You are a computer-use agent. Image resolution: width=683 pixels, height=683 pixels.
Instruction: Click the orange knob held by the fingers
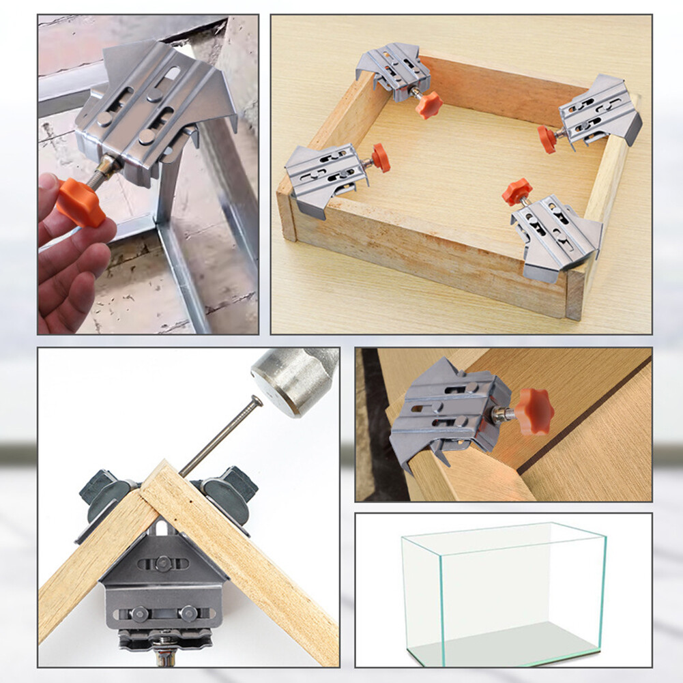pyautogui.click(x=80, y=202)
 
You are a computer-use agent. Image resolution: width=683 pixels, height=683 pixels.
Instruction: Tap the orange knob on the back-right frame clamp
pyautogui.click(x=547, y=139)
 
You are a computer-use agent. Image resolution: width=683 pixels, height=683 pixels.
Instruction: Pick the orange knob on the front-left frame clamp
pyautogui.click(x=381, y=158)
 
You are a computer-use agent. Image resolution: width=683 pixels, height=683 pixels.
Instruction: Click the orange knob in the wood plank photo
pyautogui.click(x=534, y=411)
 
